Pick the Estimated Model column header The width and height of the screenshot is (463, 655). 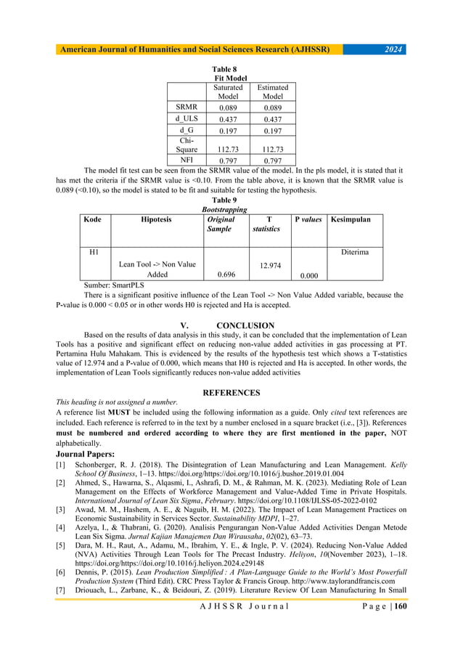click(273, 91)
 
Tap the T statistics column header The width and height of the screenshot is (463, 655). click(266, 223)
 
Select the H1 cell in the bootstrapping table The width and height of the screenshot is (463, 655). click(93, 252)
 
